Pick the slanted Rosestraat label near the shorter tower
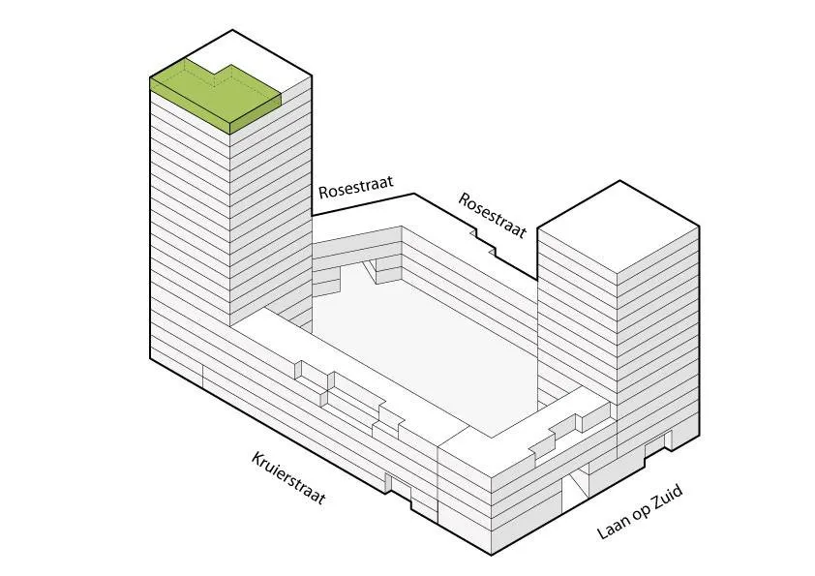coord(493,215)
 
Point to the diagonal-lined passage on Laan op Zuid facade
coord(579,481)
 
